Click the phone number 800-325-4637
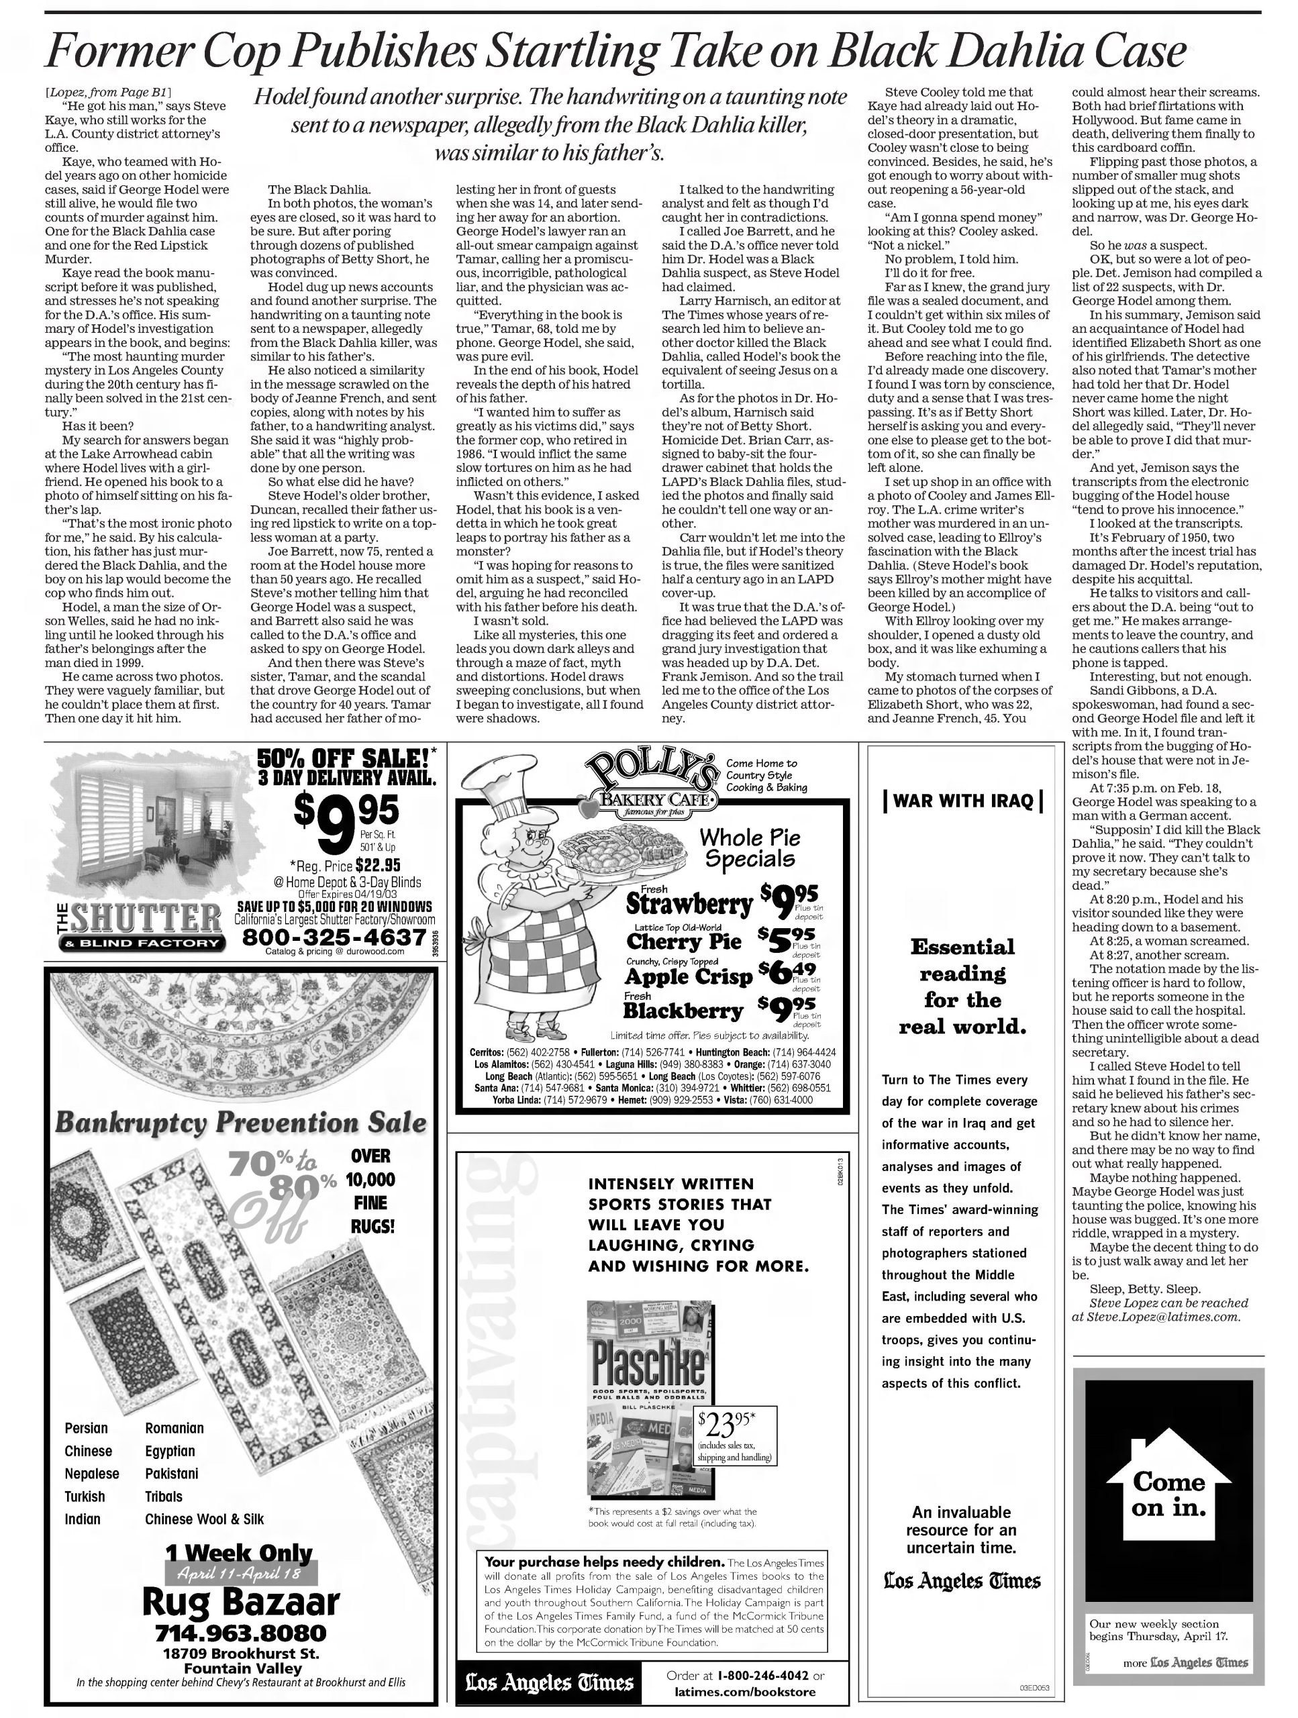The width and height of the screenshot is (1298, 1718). (334, 938)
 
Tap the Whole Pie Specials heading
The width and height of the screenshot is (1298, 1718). (749, 848)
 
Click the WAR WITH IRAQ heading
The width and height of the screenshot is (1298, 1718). (962, 801)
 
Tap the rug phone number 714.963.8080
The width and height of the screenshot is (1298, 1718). (241, 1633)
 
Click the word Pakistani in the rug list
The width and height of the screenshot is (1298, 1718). (172, 1473)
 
